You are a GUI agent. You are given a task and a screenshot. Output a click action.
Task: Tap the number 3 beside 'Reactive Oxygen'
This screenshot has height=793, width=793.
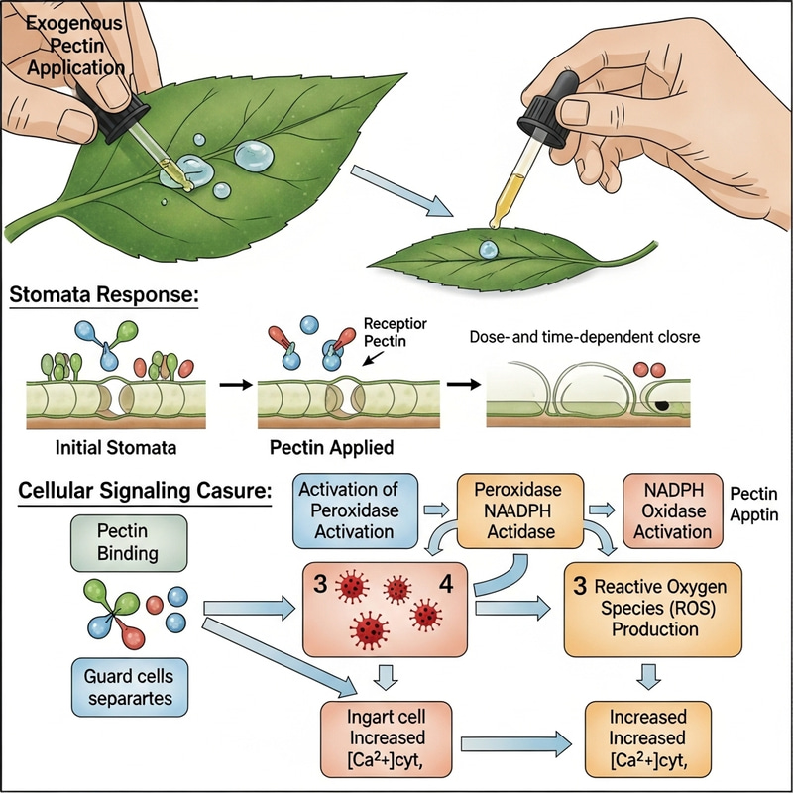pos(581,585)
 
